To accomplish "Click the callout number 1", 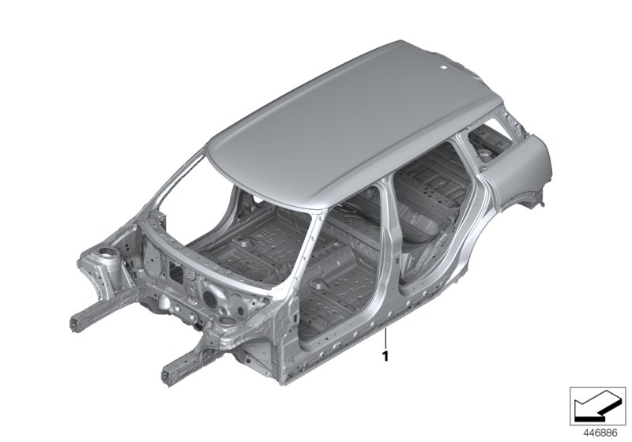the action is coord(386,356).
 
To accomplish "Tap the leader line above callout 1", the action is coord(386,339).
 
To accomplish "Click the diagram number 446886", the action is coord(601,433).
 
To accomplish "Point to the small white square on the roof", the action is coord(442,68).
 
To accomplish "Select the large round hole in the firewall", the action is coord(209,298).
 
